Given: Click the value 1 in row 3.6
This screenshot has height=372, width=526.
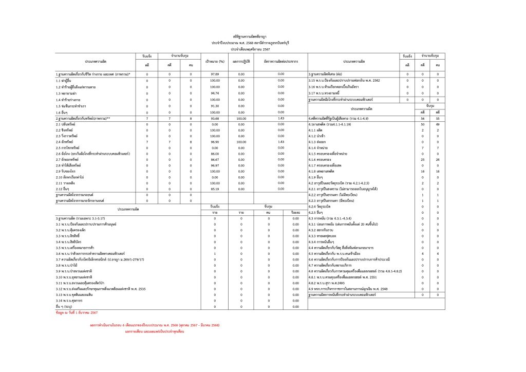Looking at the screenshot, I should pos(215,253).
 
